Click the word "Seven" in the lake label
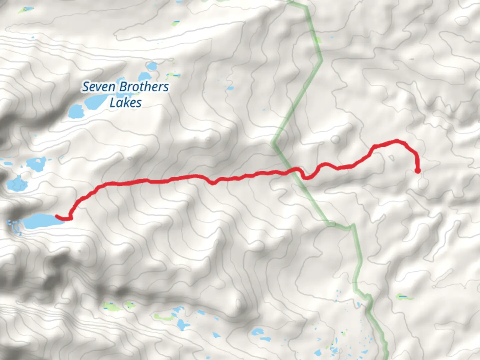tap(99, 87)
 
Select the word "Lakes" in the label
tap(125, 103)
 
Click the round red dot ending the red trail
tap(417, 171)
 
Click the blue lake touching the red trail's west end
tap(38, 221)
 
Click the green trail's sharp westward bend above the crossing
tap(273, 144)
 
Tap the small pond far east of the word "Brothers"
tap(230, 88)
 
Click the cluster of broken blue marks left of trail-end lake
tap(14, 227)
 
